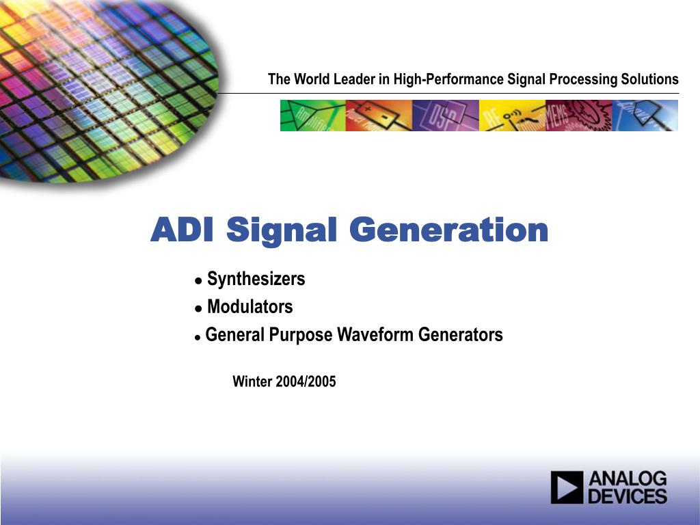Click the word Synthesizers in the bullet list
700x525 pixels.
click(256, 279)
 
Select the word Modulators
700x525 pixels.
click(250, 307)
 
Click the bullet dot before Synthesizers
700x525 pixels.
click(199, 281)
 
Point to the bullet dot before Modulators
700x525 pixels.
click(199, 308)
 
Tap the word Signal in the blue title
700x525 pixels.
click(281, 231)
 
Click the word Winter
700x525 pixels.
click(252, 381)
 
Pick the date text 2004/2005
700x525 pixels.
click(306, 381)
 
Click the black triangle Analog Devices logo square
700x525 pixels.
click(567, 487)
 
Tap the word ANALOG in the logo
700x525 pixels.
click(628, 479)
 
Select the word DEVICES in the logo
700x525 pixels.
click(628, 496)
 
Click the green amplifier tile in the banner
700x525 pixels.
click(313, 116)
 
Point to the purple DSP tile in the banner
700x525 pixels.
click(446, 116)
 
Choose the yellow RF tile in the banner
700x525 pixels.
click(512, 116)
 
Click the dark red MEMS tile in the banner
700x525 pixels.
click(578, 116)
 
